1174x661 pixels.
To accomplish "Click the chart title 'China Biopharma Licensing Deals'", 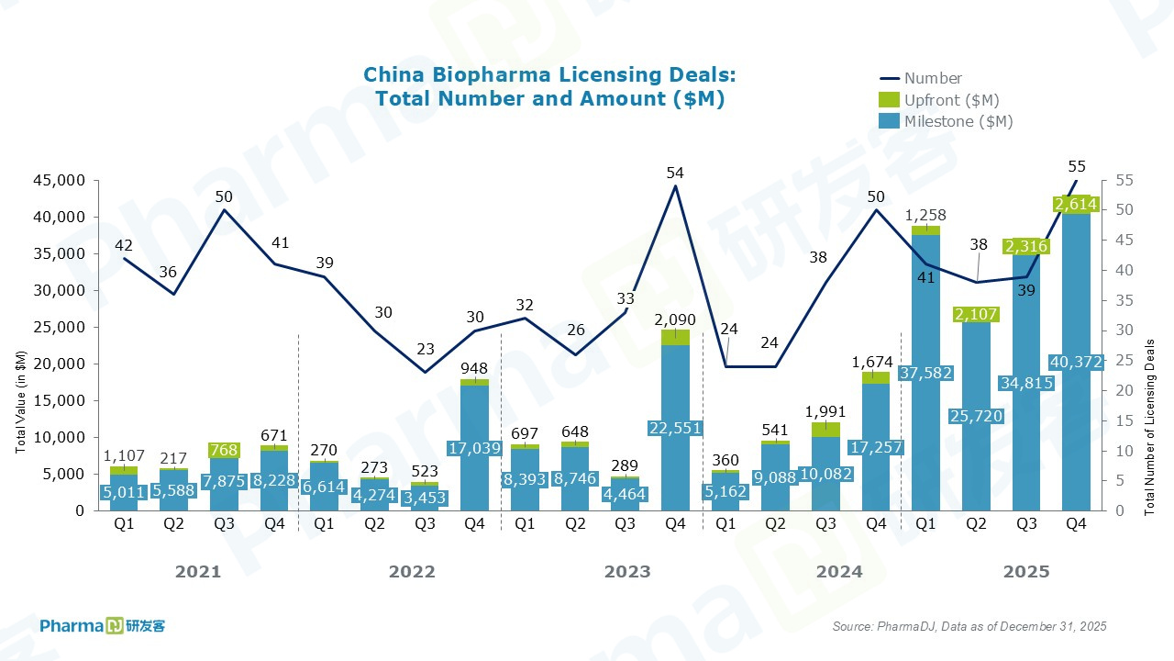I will point(548,74).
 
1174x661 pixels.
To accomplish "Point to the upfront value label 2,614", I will point(1077,204).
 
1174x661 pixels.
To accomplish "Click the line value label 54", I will point(676,173).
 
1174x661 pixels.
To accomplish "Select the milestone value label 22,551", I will point(675,429).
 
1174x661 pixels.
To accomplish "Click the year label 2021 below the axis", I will point(198,572).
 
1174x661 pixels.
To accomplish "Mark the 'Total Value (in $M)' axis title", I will point(19,399).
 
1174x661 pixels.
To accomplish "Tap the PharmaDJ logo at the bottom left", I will point(102,626).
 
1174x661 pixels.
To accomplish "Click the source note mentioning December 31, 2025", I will point(969,626).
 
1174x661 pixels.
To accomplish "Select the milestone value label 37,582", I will point(926,373).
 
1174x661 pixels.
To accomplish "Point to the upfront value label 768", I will point(225,450).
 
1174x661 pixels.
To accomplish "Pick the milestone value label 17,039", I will point(474,449).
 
